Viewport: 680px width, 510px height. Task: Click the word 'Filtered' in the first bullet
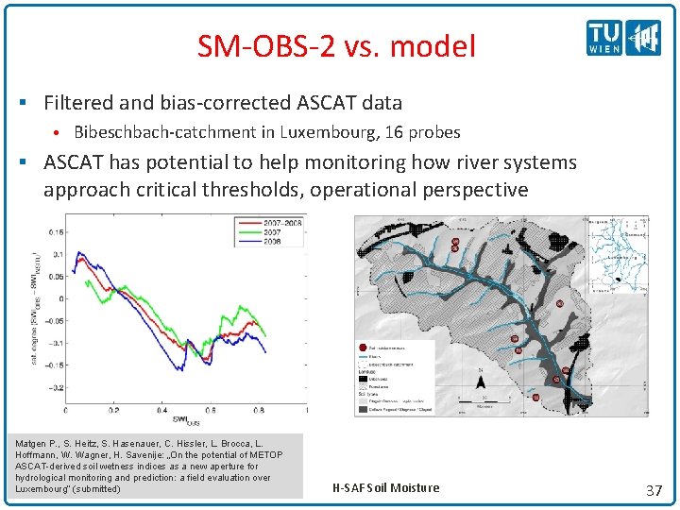coord(79,103)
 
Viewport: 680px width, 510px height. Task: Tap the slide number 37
coord(653,489)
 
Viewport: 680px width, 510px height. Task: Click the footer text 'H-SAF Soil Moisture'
coord(386,487)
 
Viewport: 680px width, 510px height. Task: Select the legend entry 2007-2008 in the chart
coord(284,222)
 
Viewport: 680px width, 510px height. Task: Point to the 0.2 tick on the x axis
coord(113,411)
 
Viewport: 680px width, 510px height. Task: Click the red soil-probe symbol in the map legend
coord(362,347)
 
